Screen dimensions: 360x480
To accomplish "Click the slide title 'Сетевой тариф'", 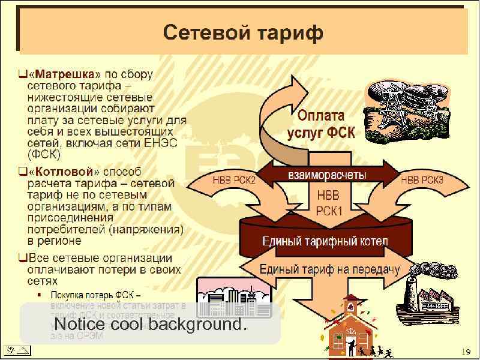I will [242, 32].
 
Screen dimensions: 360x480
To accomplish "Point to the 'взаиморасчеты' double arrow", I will [327, 175].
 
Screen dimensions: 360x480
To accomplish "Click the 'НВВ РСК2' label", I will [235, 179].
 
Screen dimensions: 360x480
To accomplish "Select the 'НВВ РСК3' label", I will [422, 179].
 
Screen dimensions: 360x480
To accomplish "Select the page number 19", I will [466, 351].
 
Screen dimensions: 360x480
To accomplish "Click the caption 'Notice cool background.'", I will [151, 324].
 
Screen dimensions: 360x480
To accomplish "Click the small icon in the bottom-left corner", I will [16, 350].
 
